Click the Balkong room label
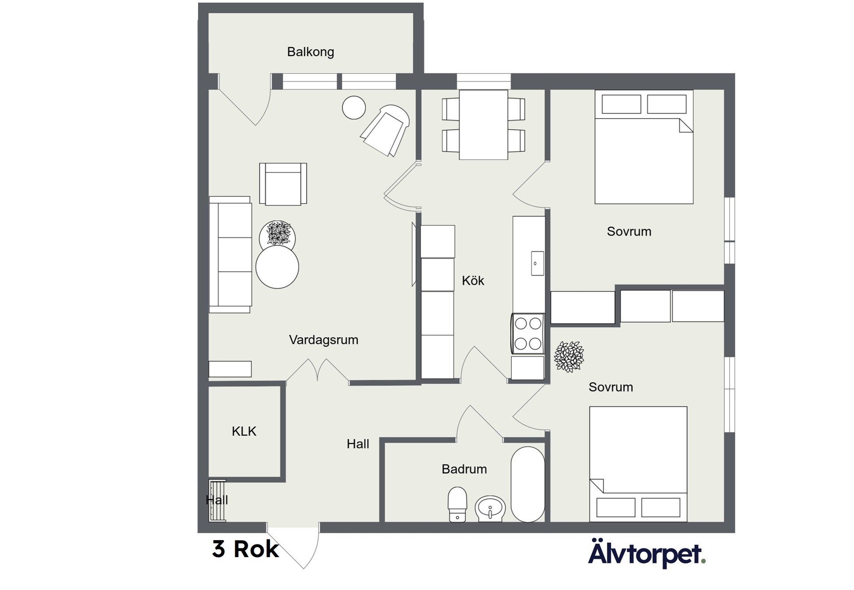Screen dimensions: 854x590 coord(311,52)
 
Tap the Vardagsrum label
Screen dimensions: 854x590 coord(323,340)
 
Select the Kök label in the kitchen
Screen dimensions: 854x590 coord(473,280)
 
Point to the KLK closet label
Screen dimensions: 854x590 coord(244,431)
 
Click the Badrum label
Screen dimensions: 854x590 coord(464,469)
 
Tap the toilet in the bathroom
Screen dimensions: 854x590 coord(457,504)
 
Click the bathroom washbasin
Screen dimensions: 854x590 coord(490,509)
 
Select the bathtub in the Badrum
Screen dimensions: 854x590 coord(528,484)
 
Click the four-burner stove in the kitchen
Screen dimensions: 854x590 coord(528,334)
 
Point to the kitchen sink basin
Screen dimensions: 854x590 coord(538,263)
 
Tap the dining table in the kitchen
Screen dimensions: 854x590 coord(483,125)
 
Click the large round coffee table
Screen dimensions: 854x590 coord(277,267)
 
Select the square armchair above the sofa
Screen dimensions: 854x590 coord(283,184)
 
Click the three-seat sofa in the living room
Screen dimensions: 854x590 coord(230,254)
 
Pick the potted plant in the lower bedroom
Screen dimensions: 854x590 coord(569,357)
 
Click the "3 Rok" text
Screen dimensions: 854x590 coord(245,549)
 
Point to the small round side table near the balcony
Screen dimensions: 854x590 coord(354,108)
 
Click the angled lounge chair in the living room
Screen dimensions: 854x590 coord(385,130)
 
